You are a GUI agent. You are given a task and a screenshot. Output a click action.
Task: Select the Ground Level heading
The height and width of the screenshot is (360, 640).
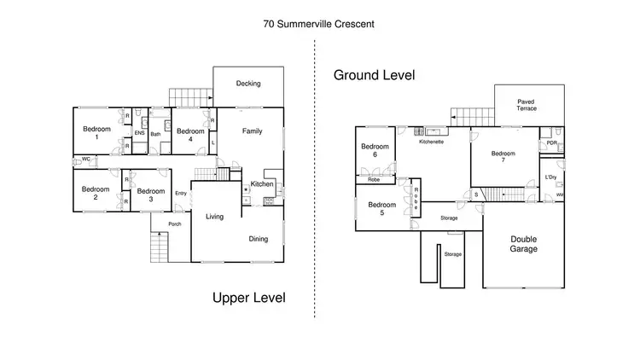(374, 75)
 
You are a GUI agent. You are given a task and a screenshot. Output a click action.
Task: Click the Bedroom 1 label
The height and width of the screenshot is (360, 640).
(96, 133)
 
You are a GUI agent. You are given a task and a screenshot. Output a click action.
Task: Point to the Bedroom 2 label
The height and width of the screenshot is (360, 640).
(96, 194)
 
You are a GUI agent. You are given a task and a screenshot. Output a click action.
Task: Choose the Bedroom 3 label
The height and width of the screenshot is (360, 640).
(150, 195)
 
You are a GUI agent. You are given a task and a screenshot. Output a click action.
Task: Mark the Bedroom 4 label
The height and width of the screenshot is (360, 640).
(189, 135)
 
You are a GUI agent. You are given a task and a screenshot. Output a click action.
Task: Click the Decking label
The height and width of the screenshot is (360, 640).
(248, 83)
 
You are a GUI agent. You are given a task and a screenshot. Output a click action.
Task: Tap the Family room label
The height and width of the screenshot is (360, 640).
(252, 131)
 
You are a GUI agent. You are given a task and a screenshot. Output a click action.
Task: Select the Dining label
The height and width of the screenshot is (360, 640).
(259, 239)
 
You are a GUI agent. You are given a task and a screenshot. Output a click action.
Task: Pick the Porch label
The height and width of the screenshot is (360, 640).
(174, 224)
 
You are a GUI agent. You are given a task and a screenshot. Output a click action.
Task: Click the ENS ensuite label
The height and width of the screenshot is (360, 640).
(139, 133)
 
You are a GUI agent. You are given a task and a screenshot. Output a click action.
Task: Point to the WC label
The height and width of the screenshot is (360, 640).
(86, 159)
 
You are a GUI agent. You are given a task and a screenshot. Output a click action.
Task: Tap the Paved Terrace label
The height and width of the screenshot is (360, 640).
(527, 106)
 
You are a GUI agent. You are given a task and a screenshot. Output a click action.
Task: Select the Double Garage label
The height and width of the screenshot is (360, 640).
(524, 244)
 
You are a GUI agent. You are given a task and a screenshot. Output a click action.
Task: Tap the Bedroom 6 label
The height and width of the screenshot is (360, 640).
(375, 151)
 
